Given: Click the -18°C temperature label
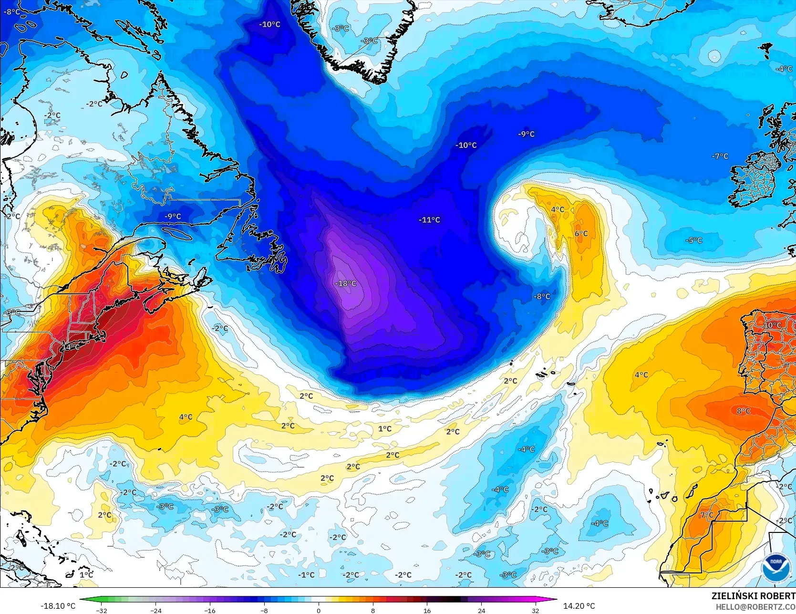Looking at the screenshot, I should pos(346,283).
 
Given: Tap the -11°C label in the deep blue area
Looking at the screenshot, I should pos(429,220).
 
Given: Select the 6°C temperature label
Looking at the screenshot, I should pos(581,234).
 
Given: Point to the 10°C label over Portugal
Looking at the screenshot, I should pos(773,325).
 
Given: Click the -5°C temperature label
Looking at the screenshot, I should pos(694,240).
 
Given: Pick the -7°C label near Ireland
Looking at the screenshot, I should pos(720,156).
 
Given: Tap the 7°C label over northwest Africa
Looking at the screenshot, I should pos(707,515).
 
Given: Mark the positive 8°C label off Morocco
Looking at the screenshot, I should pos(743,411).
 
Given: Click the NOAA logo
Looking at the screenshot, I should pos(775,569).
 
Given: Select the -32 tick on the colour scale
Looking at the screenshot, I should pos(102,610).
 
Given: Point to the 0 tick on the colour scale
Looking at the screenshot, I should pos(319,610).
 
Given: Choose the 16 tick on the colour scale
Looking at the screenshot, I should pos(427,610).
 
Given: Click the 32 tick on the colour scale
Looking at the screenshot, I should pos(536,610).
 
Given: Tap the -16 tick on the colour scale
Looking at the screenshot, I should pos(210,610).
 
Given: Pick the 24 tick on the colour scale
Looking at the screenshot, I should pos(481,610).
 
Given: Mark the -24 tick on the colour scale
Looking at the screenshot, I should pos(156,610).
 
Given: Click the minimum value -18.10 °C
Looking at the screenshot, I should pos(58,606).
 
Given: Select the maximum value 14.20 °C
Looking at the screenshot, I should pos(579,606).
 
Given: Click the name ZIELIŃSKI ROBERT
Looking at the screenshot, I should pos(753,596).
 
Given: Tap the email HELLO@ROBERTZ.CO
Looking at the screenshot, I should pos(755,606).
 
